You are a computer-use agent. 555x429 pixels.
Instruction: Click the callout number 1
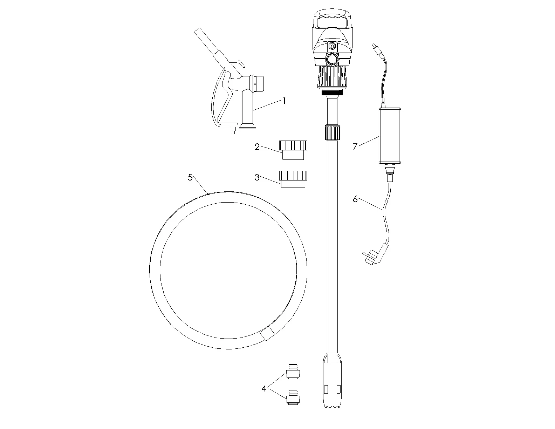(284, 101)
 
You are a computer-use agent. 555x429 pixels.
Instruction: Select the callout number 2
(257, 147)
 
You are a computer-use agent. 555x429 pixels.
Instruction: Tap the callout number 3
(257, 177)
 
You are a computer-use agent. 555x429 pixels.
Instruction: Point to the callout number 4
(264, 389)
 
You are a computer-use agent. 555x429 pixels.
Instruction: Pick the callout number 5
(190, 177)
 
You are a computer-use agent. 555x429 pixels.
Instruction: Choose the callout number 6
(355, 199)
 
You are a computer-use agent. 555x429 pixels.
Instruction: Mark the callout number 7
(355, 147)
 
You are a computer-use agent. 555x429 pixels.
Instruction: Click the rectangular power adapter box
(390, 136)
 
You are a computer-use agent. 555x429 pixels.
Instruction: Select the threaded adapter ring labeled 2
(293, 150)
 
